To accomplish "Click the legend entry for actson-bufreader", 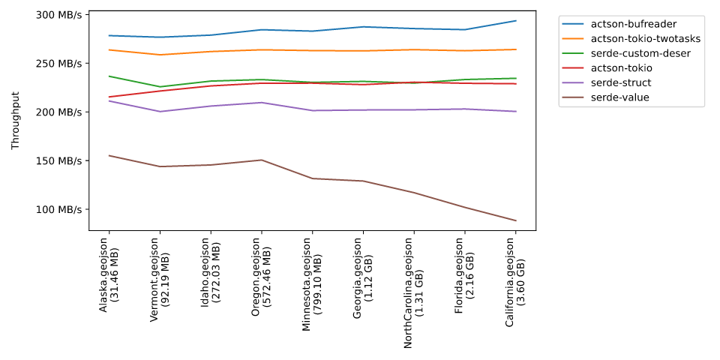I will tap(634, 24).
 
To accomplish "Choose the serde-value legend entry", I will tap(628, 97).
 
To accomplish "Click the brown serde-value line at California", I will tap(515, 220).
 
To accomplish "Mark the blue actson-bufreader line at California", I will tap(515, 21).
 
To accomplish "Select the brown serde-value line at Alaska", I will tap(109, 155).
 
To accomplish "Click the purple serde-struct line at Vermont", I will tap(160, 112).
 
